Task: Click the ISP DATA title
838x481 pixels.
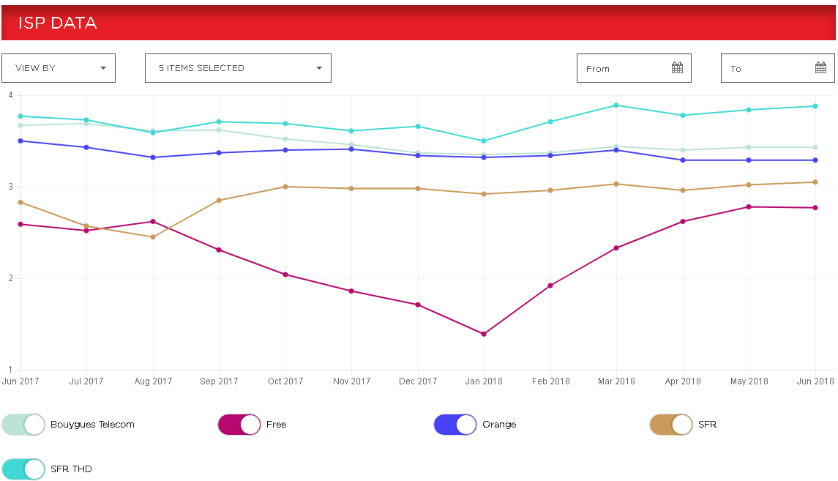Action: pos(57,23)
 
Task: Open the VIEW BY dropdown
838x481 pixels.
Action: pos(59,68)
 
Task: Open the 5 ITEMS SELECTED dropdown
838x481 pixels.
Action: pos(238,68)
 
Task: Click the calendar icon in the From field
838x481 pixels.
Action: pos(677,68)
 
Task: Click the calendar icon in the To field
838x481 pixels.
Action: pos(820,68)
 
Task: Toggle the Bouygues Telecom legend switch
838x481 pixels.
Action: pos(23,425)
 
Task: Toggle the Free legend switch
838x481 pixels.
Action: pos(239,425)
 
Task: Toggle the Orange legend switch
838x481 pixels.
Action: pos(455,425)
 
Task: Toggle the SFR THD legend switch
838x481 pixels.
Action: pos(23,469)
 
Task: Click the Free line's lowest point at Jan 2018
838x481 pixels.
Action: pos(484,334)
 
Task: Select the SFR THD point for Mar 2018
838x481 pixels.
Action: pos(616,105)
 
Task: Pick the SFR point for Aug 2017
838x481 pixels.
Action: pos(153,236)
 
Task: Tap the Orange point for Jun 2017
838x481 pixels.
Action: pos(20,141)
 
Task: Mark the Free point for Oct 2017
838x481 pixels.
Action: pos(285,275)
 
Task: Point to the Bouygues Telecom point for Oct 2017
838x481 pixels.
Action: pos(285,139)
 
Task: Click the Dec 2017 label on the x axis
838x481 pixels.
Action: pos(418,381)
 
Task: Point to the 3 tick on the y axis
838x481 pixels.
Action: pos(10,187)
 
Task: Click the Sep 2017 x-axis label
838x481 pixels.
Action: pos(219,381)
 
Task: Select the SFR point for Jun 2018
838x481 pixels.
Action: pos(815,182)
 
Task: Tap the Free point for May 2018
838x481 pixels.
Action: pos(749,206)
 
